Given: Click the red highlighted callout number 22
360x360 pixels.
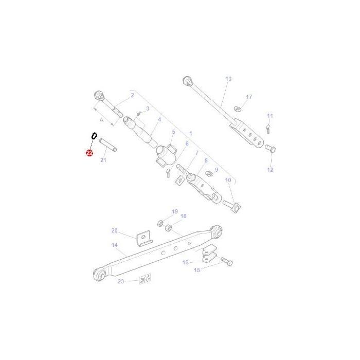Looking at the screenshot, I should [89, 153].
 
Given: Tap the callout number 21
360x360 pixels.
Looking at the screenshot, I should [103, 160].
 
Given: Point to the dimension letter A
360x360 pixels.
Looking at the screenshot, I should [102, 120].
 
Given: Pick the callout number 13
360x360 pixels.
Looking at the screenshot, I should [228, 79].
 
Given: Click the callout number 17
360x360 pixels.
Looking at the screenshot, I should [249, 97].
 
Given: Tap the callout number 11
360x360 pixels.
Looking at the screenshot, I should [270, 116].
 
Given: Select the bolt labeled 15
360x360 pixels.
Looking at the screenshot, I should [226, 262].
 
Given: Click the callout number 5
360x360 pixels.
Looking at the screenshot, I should [173, 132].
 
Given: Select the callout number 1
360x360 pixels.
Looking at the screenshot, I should [190, 133].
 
